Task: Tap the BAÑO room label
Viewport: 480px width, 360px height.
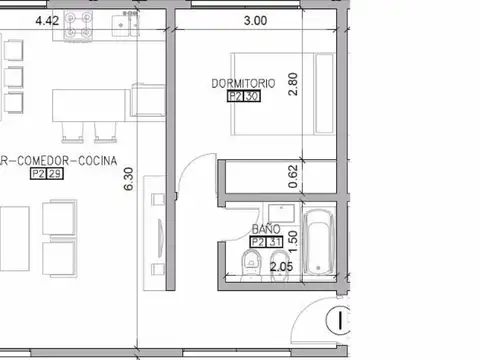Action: point(265,229)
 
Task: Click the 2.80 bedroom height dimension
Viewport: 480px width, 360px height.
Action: point(294,83)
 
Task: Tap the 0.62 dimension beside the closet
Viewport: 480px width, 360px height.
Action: point(293,178)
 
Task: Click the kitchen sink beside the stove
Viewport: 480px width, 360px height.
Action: point(125,25)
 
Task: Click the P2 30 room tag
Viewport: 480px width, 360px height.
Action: point(243,98)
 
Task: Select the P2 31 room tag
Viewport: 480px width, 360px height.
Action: point(265,242)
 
